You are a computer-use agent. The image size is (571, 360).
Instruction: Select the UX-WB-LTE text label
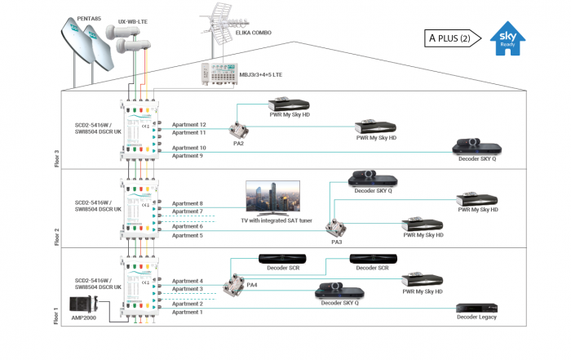(134, 23)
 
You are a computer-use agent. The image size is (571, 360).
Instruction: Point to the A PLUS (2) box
(449, 38)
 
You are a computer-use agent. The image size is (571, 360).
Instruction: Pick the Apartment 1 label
(187, 312)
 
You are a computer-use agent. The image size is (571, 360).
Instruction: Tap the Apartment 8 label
(187, 202)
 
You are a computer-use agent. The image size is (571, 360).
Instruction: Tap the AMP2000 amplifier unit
(85, 308)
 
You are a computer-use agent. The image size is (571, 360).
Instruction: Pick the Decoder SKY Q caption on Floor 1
(340, 302)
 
